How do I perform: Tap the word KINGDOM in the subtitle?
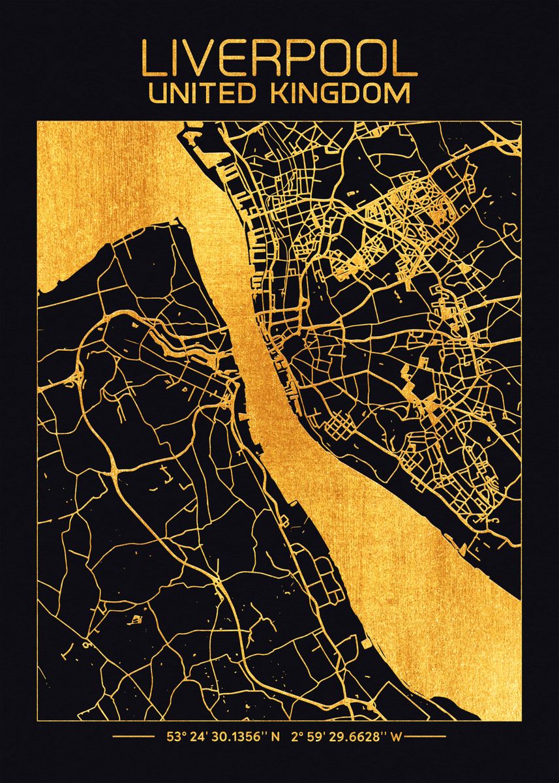346,93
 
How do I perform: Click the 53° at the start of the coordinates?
173,738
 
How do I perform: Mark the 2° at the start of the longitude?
297,738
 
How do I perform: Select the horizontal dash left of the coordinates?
133,738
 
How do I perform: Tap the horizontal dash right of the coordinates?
427,738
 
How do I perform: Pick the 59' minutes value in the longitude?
321,738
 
